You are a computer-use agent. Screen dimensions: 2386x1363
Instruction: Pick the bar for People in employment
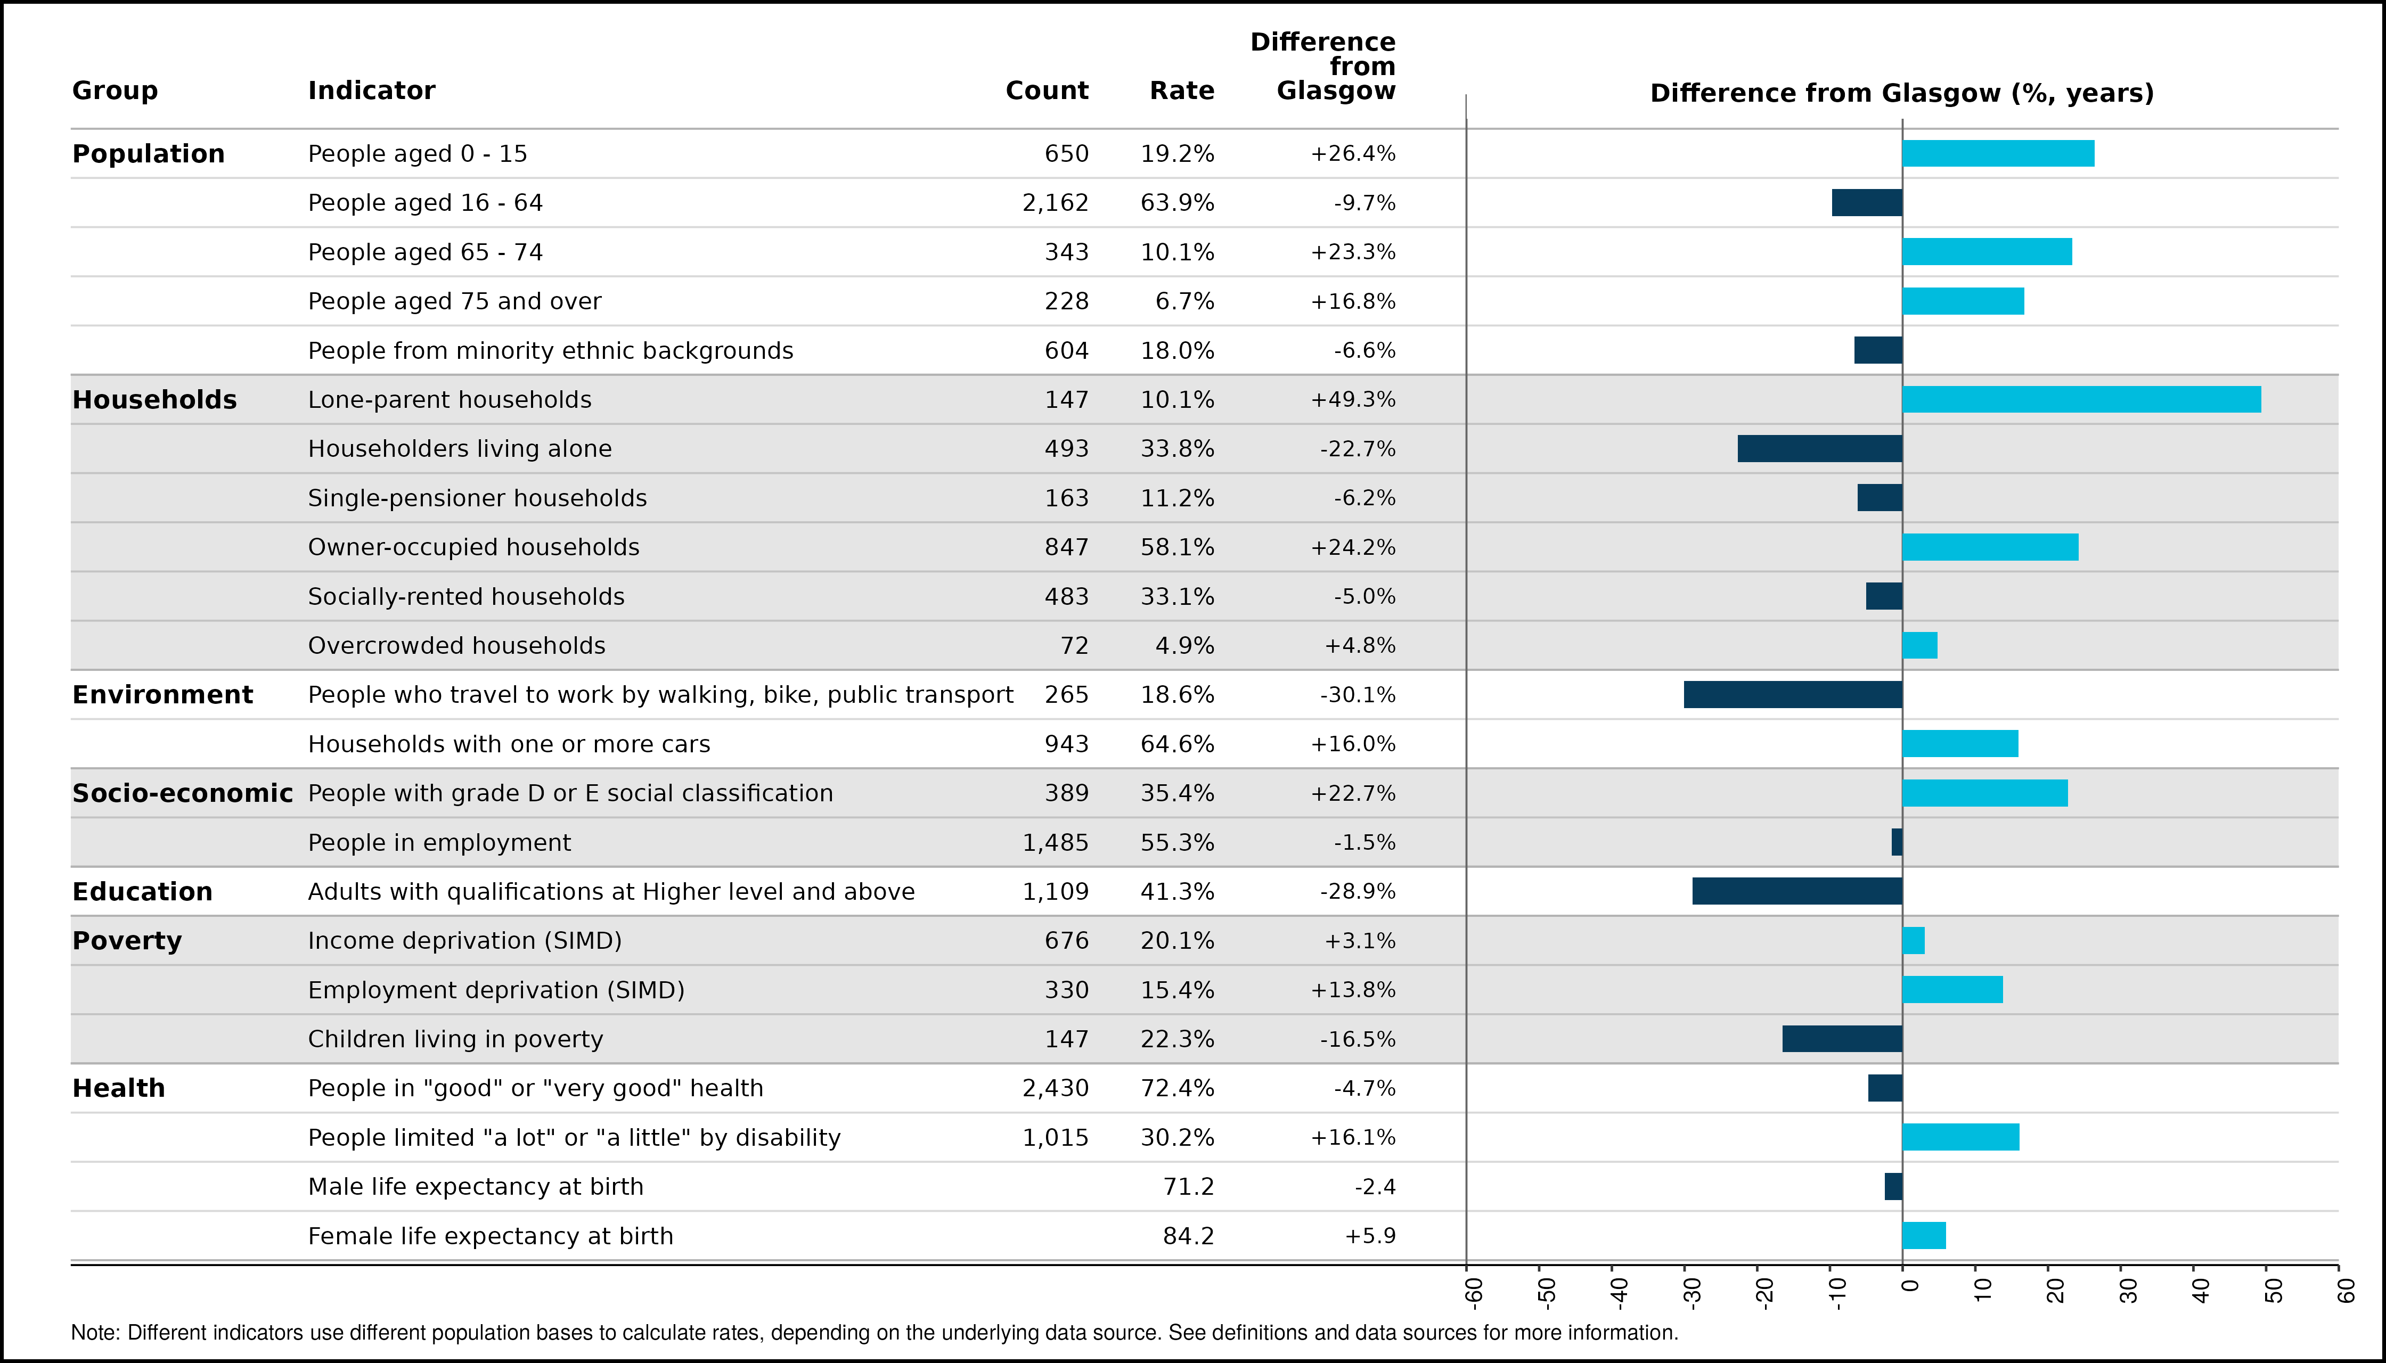tap(1897, 842)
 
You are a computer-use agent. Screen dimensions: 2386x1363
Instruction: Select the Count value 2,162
tap(1056, 203)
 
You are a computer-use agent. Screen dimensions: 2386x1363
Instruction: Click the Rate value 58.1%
tap(1177, 548)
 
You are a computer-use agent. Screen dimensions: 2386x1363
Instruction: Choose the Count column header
tap(1047, 91)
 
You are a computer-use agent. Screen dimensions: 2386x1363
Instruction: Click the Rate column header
tap(1182, 91)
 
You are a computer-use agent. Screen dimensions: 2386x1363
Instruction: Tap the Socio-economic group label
tap(183, 794)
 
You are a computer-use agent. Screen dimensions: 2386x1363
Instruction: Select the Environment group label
tap(163, 695)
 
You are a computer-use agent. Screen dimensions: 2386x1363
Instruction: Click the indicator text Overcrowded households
tap(457, 646)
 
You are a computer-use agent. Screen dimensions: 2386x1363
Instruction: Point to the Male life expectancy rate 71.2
tap(1188, 1187)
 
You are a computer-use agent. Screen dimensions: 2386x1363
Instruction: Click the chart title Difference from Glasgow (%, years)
tap(1902, 94)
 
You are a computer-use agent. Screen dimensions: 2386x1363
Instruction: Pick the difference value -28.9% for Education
tap(1358, 891)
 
